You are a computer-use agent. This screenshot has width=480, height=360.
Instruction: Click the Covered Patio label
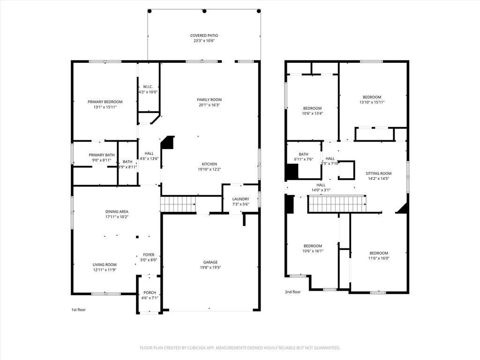(204, 36)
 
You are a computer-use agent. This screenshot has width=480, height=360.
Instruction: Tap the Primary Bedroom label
(105, 102)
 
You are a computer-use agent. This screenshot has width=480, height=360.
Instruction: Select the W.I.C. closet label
(148, 87)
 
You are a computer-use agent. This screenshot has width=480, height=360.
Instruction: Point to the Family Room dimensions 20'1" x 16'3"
(210, 105)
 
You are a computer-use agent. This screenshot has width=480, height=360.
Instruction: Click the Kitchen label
(210, 164)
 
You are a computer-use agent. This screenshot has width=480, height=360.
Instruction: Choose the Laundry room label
(240, 199)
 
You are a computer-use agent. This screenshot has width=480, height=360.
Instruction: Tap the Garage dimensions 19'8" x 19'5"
(210, 268)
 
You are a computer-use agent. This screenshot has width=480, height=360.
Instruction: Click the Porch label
(150, 292)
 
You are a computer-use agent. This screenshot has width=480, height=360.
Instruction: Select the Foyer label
(149, 255)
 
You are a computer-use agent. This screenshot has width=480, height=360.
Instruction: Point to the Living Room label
(105, 265)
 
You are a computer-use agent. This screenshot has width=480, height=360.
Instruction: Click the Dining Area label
(117, 211)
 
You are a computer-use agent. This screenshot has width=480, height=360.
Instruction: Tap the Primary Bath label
(102, 155)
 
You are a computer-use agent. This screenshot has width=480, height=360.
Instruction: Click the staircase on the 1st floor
(178, 204)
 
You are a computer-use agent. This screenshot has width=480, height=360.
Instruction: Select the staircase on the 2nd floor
(337, 204)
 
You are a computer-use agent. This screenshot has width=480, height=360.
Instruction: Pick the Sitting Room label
(378, 173)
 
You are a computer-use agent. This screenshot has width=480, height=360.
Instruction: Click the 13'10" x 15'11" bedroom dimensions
(372, 102)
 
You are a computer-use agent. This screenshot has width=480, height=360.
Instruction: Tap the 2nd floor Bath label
(303, 154)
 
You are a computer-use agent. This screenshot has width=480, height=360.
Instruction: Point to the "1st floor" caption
(79, 310)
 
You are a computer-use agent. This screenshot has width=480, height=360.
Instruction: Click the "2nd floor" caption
(292, 292)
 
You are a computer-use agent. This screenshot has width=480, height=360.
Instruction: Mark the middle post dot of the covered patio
(204, 11)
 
